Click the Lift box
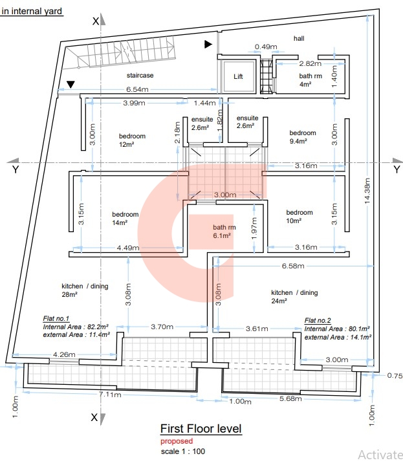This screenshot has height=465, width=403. pos(238,76)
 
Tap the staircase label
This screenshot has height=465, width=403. pos(140,76)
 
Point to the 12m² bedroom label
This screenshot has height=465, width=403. pos(132,140)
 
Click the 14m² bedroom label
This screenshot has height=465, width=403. pos(125,218)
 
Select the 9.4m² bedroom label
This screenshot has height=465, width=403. pos(302,136)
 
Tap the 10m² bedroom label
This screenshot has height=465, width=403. pos(300,217)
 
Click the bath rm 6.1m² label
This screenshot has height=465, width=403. pos(224,232)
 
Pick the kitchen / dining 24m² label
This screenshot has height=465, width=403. pos(294,296)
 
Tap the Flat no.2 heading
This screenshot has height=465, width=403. pos(318,320)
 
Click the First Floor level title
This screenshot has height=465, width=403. pos(201,429)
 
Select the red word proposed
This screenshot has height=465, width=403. pos(177,441)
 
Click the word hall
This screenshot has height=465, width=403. pos(298,39)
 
